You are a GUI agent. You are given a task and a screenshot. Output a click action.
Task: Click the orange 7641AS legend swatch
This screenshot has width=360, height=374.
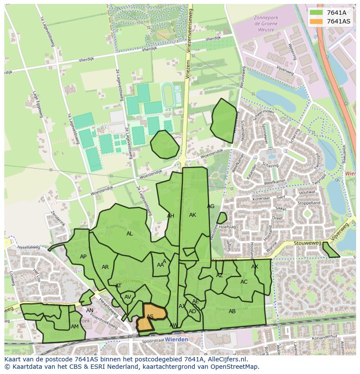[x=316, y=21]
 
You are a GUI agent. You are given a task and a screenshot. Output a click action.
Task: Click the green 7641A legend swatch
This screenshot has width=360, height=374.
[x=316, y=13]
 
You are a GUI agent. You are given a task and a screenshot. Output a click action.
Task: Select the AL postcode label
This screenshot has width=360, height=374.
[x=130, y=234]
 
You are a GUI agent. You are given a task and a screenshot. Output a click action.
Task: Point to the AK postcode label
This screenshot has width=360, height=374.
[x=193, y=215]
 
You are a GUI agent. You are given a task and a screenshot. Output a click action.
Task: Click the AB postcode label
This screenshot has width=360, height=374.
[x=232, y=311]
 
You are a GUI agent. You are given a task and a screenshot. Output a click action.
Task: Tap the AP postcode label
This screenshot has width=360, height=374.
[x=83, y=257]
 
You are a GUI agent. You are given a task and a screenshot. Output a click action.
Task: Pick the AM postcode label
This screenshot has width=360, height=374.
[x=75, y=327]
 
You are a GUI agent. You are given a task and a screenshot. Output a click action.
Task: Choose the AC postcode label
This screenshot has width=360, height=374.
[x=244, y=282]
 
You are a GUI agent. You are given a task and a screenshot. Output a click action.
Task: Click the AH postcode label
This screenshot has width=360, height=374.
[x=170, y=216]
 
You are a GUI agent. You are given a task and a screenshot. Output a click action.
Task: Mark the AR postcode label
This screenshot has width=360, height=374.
[x=105, y=267]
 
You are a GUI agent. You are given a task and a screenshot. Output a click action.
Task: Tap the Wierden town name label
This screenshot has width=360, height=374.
[x=177, y=339]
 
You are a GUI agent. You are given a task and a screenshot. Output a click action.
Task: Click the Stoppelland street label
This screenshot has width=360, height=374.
[x=308, y=203]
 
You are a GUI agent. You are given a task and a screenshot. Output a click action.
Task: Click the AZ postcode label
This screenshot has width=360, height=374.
[x=220, y=275]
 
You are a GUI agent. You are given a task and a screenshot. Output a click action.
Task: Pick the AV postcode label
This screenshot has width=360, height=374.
[x=128, y=297]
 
